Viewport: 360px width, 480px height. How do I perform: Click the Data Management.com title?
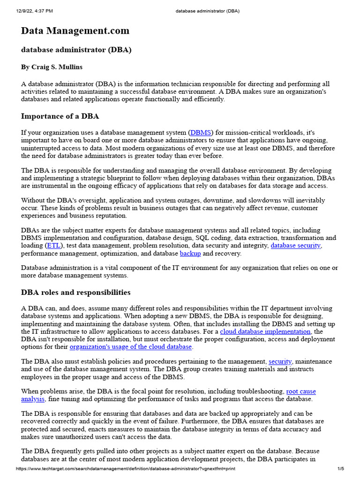coord(75,31)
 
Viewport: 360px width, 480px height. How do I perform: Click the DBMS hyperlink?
coord(201,133)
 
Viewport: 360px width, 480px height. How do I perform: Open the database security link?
coord(296,245)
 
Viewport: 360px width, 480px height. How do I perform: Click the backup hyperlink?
coord(190,253)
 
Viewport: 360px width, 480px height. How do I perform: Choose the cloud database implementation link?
coord(265,331)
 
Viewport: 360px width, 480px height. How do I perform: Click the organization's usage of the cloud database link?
coord(131,347)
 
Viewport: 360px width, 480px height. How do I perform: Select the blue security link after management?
coord(280,361)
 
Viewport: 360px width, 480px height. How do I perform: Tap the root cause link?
coord(301,391)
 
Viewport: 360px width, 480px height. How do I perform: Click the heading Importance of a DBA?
coord(60,116)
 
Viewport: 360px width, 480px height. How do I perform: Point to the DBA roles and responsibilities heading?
coord(76,292)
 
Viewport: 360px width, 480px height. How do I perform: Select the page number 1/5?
coord(341,469)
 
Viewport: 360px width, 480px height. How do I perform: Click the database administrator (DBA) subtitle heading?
coord(76,50)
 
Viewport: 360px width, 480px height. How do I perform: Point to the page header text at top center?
coord(206,10)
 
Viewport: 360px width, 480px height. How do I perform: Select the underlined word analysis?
coord(33,399)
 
